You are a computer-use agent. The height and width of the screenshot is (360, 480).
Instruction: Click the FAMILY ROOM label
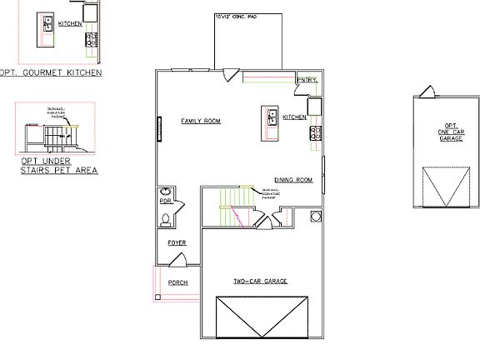coord(200,122)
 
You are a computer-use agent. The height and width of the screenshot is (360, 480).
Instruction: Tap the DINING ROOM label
coord(292,180)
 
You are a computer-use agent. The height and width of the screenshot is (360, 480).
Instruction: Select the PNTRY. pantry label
coord(306,81)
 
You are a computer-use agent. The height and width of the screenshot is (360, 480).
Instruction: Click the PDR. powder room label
coord(165,201)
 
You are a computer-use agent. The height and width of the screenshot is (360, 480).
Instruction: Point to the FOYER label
coord(176,242)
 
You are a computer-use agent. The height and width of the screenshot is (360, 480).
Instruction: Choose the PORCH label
coord(177,282)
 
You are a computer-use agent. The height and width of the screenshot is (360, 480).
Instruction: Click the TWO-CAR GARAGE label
coord(260,282)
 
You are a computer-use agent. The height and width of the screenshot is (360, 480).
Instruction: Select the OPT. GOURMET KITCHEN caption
coord(51,72)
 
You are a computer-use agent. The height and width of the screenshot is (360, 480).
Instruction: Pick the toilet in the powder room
coord(166,220)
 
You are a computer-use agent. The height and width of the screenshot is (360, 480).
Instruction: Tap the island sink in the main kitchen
coord(272,117)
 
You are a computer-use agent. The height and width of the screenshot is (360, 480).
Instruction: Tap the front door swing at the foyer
coord(177,260)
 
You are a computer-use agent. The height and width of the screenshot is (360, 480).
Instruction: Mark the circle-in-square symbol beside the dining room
coord(316,217)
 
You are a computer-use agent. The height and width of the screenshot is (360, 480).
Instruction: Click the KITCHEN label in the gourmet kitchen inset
coord(70,24)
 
